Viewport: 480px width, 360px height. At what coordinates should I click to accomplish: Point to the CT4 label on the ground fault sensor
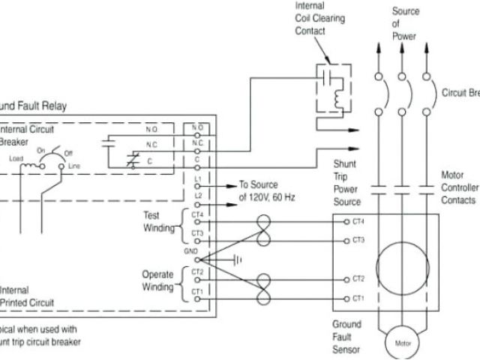coord(358,222)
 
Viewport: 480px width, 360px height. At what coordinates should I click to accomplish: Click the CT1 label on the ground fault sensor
coord(358,298)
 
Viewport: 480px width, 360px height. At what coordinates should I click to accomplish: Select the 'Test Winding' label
coord(157,220)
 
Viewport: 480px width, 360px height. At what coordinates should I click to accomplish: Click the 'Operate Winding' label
coord(157,280)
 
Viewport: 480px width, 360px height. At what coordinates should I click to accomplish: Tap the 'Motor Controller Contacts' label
coord(458,187)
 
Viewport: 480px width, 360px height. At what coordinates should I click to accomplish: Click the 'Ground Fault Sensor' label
coord(346,337)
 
